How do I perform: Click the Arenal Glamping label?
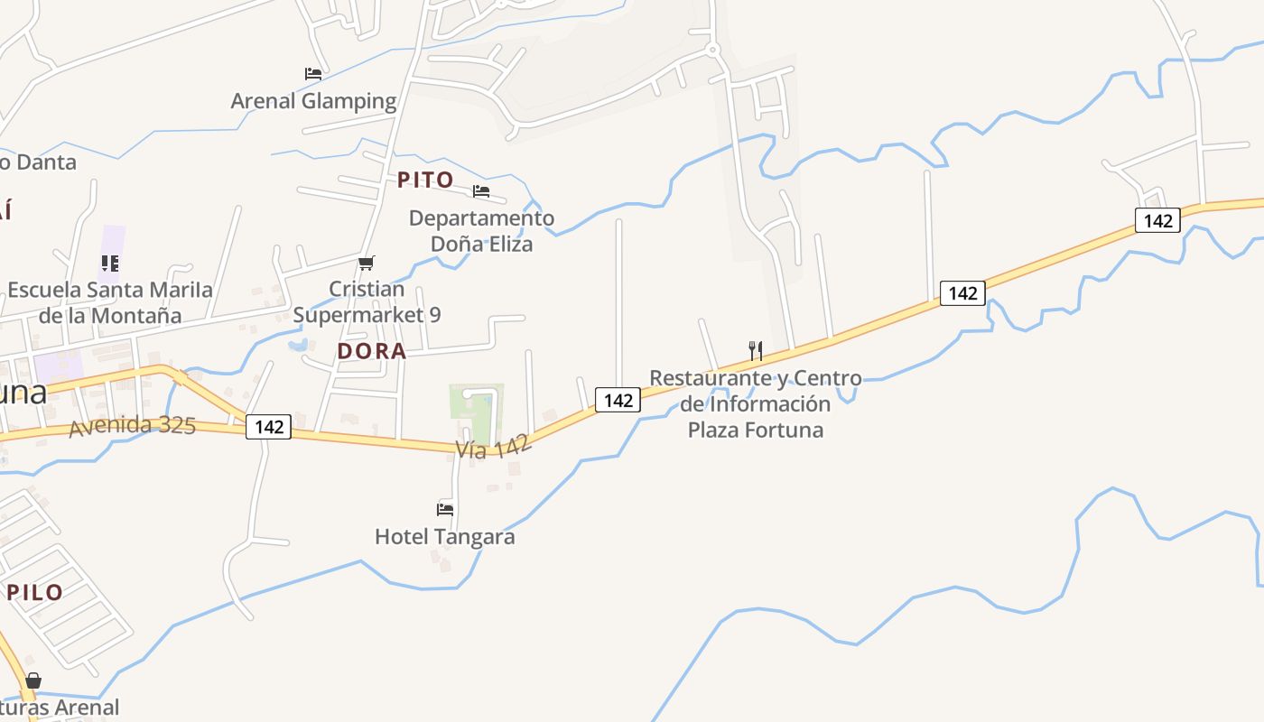(313, 100)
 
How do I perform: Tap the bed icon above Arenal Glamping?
(313, 73)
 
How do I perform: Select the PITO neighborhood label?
(425, 180)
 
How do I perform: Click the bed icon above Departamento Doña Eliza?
(481, 191)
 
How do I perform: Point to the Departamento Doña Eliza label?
(481, 231)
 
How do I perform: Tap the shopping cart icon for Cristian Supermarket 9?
(366, 263)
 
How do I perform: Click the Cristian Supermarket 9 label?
(367, 302)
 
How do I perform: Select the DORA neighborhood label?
(372, 351)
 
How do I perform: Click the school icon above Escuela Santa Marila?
(110, 264)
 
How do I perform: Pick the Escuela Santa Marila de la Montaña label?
(110, 303)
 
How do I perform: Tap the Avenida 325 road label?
(132, 426)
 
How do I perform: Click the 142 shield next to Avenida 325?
(269, 427)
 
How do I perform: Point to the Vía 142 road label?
(493, 445)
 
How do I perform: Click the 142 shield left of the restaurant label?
(618, 400)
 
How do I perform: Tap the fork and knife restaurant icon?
(756, 350)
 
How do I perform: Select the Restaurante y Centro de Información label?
(756, 403)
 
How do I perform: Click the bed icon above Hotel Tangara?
(445, 509)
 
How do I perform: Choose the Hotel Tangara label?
(445, 537)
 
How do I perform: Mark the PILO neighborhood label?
(35, 592)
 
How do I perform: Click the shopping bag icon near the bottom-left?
(33, 680)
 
